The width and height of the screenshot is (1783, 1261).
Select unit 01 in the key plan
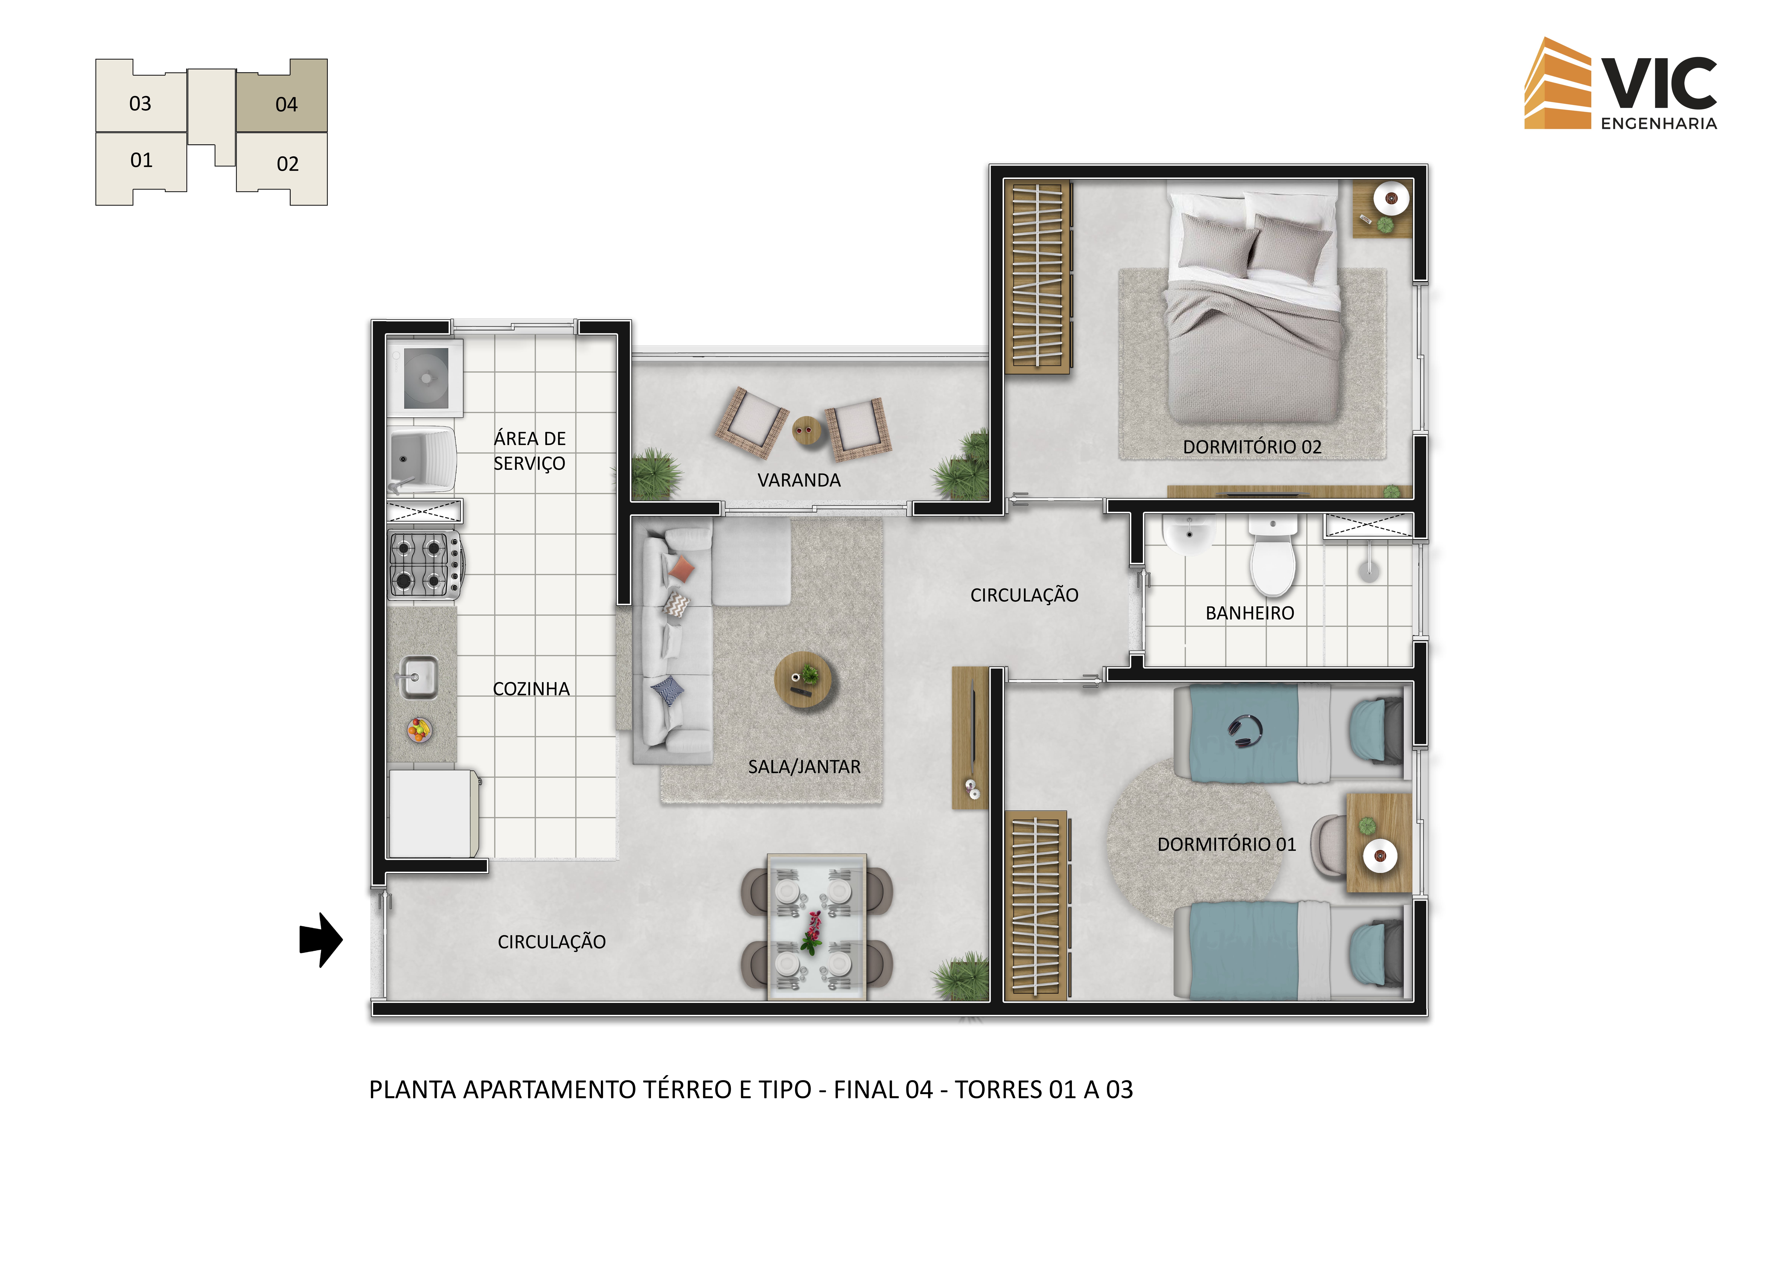141,166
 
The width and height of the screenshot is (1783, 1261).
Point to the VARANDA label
799,481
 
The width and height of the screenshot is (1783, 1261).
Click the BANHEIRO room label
1250,613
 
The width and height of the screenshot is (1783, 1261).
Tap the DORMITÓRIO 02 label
1252,447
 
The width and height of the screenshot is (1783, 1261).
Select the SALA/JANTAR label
804,767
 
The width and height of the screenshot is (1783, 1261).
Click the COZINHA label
531,689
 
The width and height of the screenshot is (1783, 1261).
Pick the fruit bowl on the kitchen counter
419,730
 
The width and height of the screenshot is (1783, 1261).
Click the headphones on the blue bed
1245,731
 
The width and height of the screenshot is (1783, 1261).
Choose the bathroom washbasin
1188,534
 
